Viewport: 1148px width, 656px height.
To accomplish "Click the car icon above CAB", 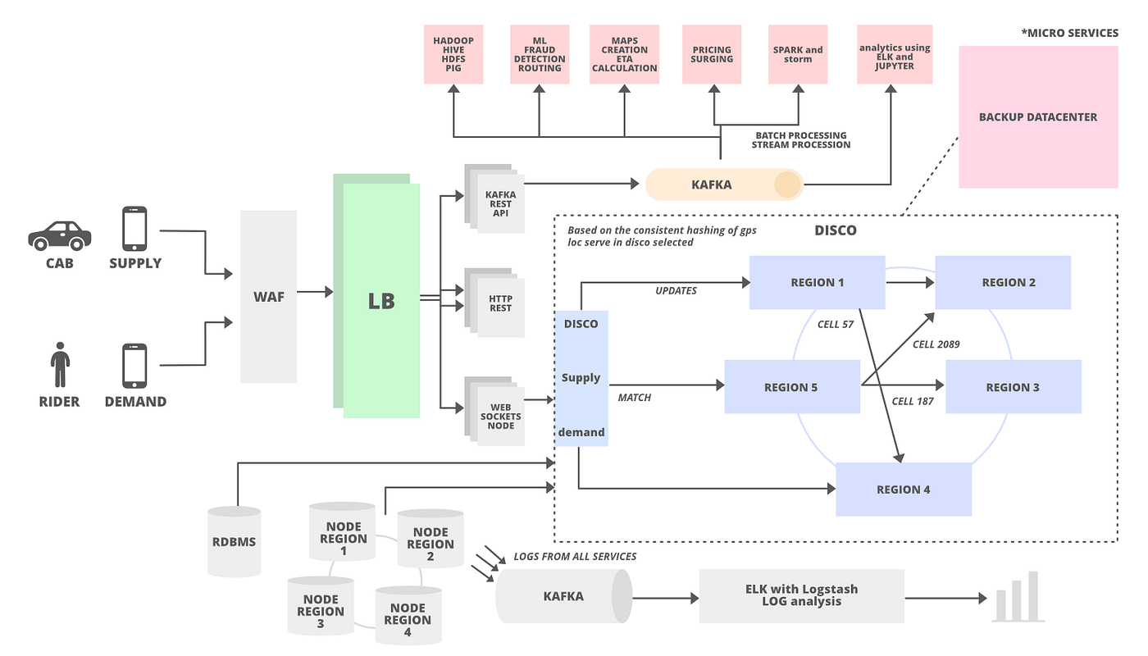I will click(60, 235).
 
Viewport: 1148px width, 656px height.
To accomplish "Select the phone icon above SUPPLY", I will click(134, 228).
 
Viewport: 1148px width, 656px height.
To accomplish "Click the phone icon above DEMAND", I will click(134, 366).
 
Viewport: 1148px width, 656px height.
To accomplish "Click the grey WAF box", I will click(269, 297).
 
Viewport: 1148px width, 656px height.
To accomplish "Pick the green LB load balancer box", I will click(381, 300).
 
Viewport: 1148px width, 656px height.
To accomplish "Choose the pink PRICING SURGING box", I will click(712, 54).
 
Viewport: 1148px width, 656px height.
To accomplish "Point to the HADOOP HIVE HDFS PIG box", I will click(453, 54).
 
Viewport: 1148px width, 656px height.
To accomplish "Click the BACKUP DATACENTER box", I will click(1037, 117).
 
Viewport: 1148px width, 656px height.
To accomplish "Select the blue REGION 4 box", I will click(904, 490).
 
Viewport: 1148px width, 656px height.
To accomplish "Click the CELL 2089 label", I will click(936, 344).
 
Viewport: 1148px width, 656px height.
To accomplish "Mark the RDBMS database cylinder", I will click(234, 540).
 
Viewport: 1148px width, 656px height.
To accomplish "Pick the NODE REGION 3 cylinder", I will click(321, 612).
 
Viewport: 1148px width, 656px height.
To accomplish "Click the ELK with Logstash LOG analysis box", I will click(802, 594).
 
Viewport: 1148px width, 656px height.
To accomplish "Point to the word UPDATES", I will click(676, 291).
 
